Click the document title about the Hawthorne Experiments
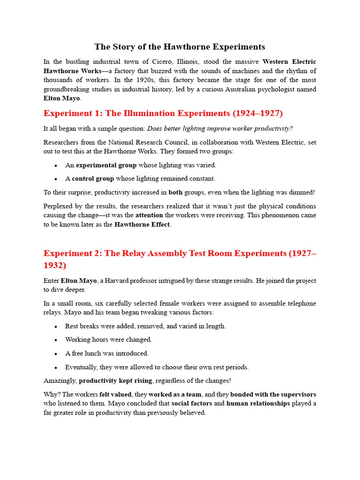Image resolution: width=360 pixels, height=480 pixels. click(180, 47)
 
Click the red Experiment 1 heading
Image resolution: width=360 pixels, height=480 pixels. click(163, 113)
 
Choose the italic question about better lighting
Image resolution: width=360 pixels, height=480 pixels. click(220, 129)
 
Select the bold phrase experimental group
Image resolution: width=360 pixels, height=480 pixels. click(106, 165)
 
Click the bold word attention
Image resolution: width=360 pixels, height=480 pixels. click(149, 215)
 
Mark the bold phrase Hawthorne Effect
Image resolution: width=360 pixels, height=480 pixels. click(142, 225)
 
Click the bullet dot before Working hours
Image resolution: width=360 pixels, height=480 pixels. click(56, 340)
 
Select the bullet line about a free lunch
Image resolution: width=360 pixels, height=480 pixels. click(107, 353)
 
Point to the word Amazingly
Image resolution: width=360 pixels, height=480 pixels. click(60, 381)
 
